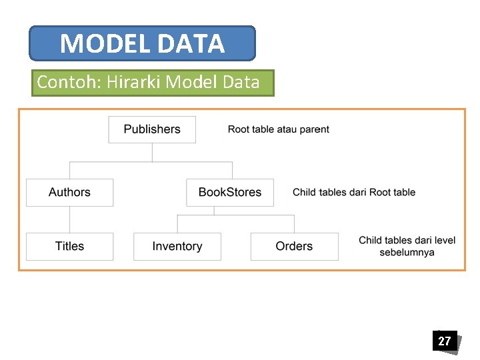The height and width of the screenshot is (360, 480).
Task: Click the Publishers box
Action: tap(152, 129)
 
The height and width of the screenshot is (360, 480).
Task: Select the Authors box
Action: tap(69, 192)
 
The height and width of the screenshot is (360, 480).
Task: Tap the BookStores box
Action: tap(229, 192)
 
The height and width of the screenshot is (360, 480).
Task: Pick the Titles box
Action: tap(69, 246)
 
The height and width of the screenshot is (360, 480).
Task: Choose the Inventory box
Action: tap(177, 246)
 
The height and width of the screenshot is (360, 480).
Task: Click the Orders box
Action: tap(294, 246)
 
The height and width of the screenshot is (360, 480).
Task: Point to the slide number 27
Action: tap(444, 341)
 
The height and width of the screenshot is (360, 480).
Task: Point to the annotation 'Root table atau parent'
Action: tap(278, 129)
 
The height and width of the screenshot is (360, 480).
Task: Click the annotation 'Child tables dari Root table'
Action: tap(353, 192)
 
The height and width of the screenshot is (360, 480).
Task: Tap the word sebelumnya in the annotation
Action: tap(407, 252)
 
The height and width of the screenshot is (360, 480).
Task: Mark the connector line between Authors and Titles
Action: tap(69, 219)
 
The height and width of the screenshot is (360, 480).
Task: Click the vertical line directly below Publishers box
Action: tap(152, 152)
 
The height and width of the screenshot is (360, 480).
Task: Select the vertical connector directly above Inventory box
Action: tap(177, 223)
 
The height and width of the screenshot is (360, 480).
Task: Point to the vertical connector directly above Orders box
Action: tap(294, 223)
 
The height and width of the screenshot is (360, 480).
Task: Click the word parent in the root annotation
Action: tap(315, 129)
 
